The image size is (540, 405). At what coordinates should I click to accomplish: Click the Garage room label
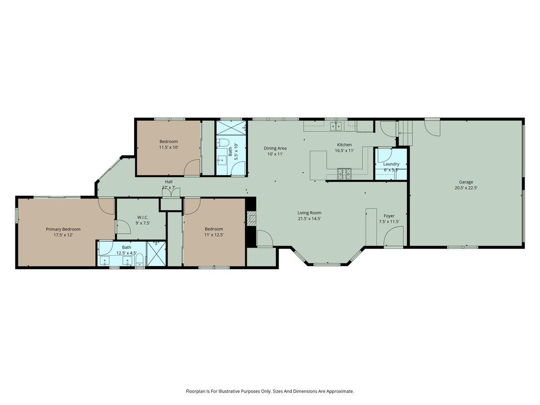(x=466, y=182)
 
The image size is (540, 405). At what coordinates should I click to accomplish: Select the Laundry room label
(x=391, y=164)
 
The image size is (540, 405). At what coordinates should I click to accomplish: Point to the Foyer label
(x=389, y=216)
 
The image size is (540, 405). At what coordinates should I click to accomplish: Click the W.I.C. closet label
(x=143, y=217)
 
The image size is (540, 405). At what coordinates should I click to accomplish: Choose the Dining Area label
(x=275, y=148)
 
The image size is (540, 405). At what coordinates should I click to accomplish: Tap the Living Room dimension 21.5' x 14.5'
(x=309, y=219)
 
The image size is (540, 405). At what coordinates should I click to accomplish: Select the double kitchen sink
(x=336, y=126)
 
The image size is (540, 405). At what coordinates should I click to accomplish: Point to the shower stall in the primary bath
(x=157, y=254)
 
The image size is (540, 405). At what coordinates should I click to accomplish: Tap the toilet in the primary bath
(x=139, y=259)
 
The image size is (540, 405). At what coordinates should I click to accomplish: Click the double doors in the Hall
(x=171, y=192)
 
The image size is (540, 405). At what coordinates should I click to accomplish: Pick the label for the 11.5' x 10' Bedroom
(x=168, y=141)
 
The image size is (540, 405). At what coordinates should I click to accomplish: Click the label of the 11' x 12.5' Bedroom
(x=214, y=229)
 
